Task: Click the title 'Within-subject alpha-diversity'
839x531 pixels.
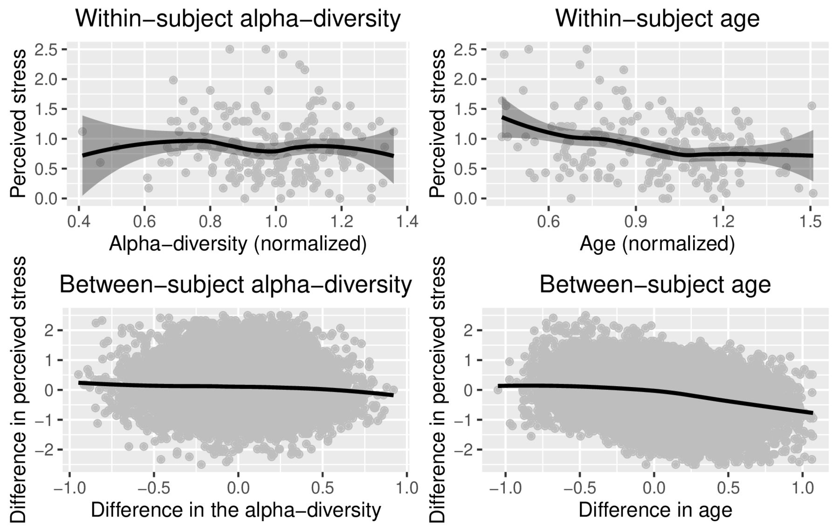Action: pyautogui.click(x=238, y=20)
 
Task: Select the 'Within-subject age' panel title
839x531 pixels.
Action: pyautogui.click(x=657, y=20)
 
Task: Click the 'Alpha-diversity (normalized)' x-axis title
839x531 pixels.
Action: pyautogui.click(x=238, y=244)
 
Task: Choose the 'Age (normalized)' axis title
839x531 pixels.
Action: pyautogui.click(x=657, y=244)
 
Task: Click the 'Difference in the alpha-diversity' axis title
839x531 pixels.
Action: pyautogui.click(x=236, y=510)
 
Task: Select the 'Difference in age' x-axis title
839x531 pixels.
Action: pyautogui.click(x=655, y=510)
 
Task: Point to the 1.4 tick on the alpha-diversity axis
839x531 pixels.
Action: pyautogui.click(x=408, y=220)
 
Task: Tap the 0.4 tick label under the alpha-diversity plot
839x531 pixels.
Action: pyautogui.click(x=79, y=220)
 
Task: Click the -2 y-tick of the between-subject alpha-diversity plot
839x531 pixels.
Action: pyautogui.click(x=46, y=450)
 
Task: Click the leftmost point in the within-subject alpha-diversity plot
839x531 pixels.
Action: pyautogui.click(x=82, y=131)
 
